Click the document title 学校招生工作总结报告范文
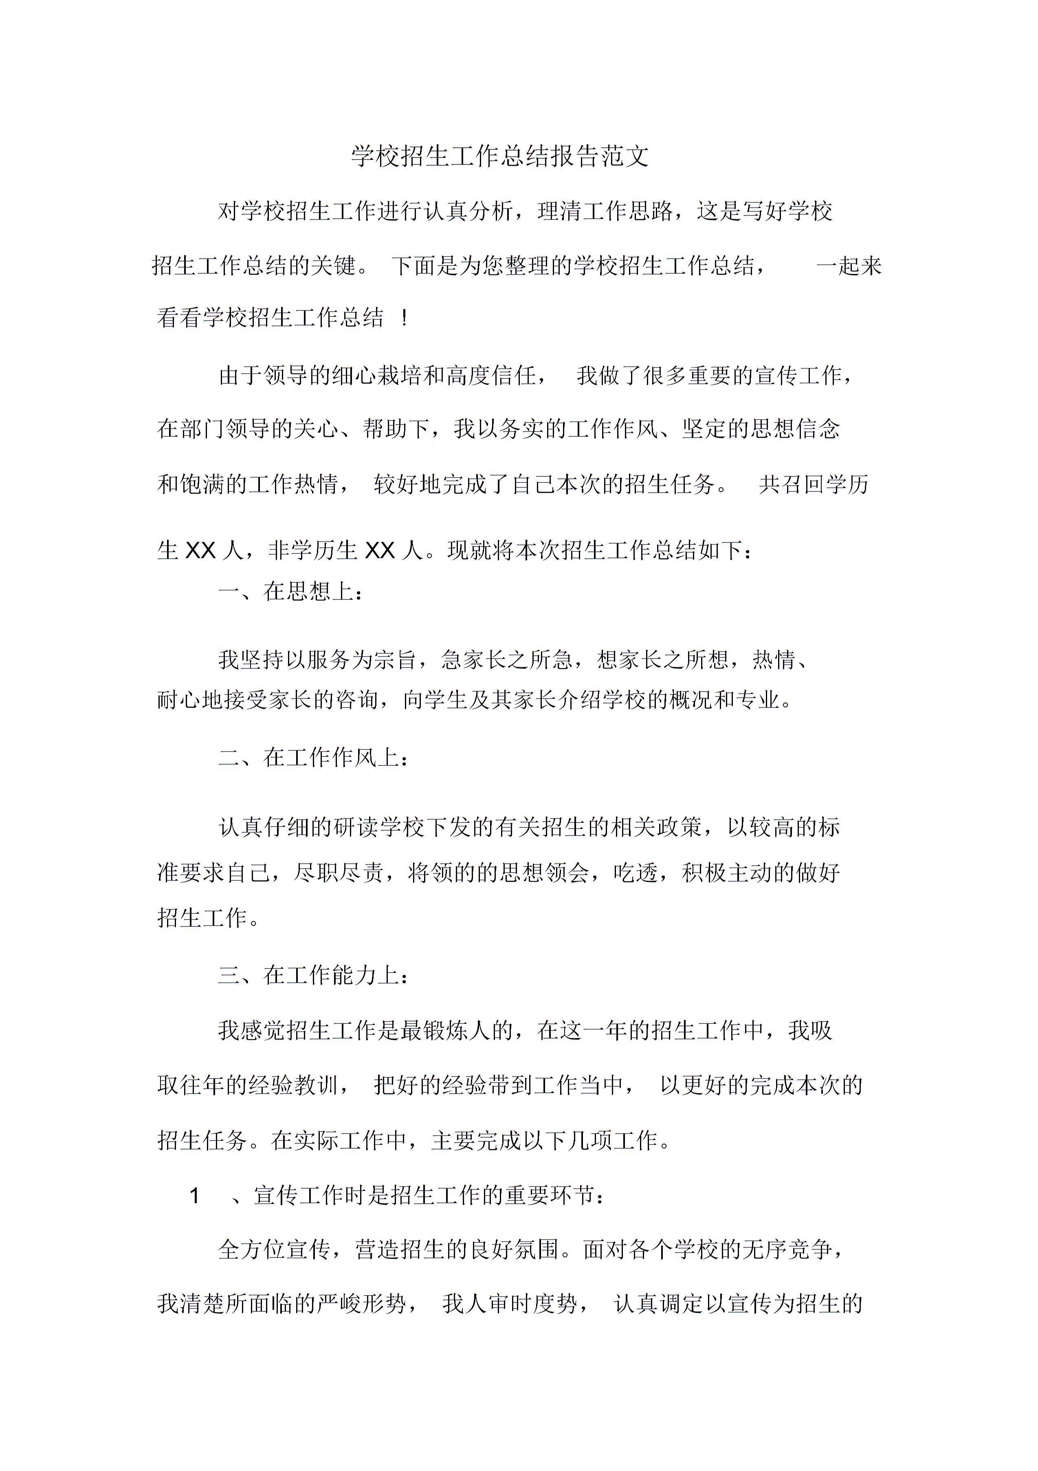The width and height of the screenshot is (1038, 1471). tap(500, 156)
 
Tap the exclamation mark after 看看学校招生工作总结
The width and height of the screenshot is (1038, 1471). tap(404, 318)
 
